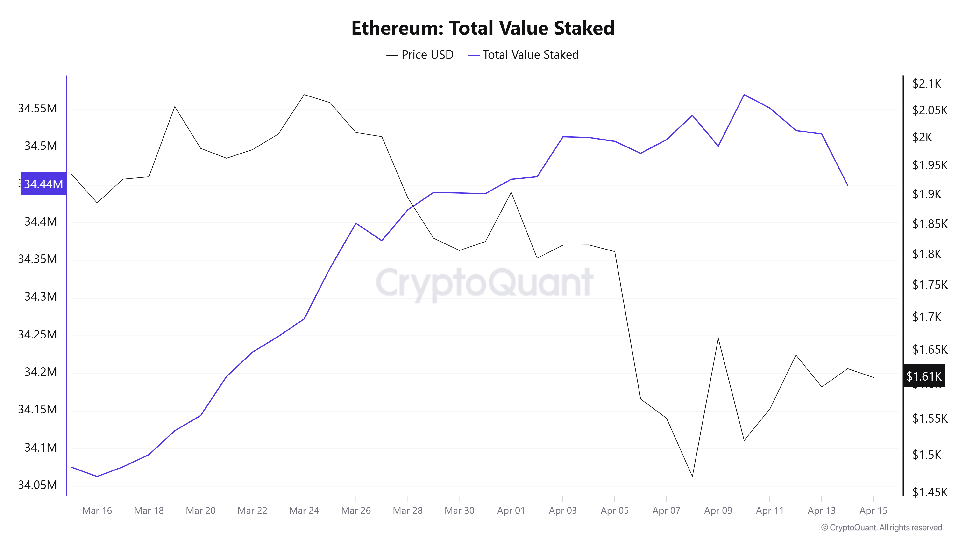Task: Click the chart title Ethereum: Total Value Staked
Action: [x=483, y=28]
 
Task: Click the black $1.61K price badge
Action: [x=924, y=376]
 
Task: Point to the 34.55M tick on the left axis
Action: [x=37, y=109]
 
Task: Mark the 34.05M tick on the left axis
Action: [x=37, y=485]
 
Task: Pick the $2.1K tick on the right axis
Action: [x=927, y=83]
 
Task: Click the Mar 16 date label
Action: [x=97, y=511]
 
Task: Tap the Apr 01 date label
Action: [x=511, y=511]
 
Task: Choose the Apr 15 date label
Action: [x=873, y=511]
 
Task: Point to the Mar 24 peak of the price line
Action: [x=304, y=95]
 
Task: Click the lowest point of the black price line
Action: [x=692, y=476]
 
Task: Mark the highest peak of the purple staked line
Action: [x=744, y=95]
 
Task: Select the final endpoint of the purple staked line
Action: [x=847, y=185]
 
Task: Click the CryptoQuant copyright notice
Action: [x=881, y=528]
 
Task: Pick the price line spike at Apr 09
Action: [x=718, y=339]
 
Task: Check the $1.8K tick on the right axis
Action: [x=927, y=254]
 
